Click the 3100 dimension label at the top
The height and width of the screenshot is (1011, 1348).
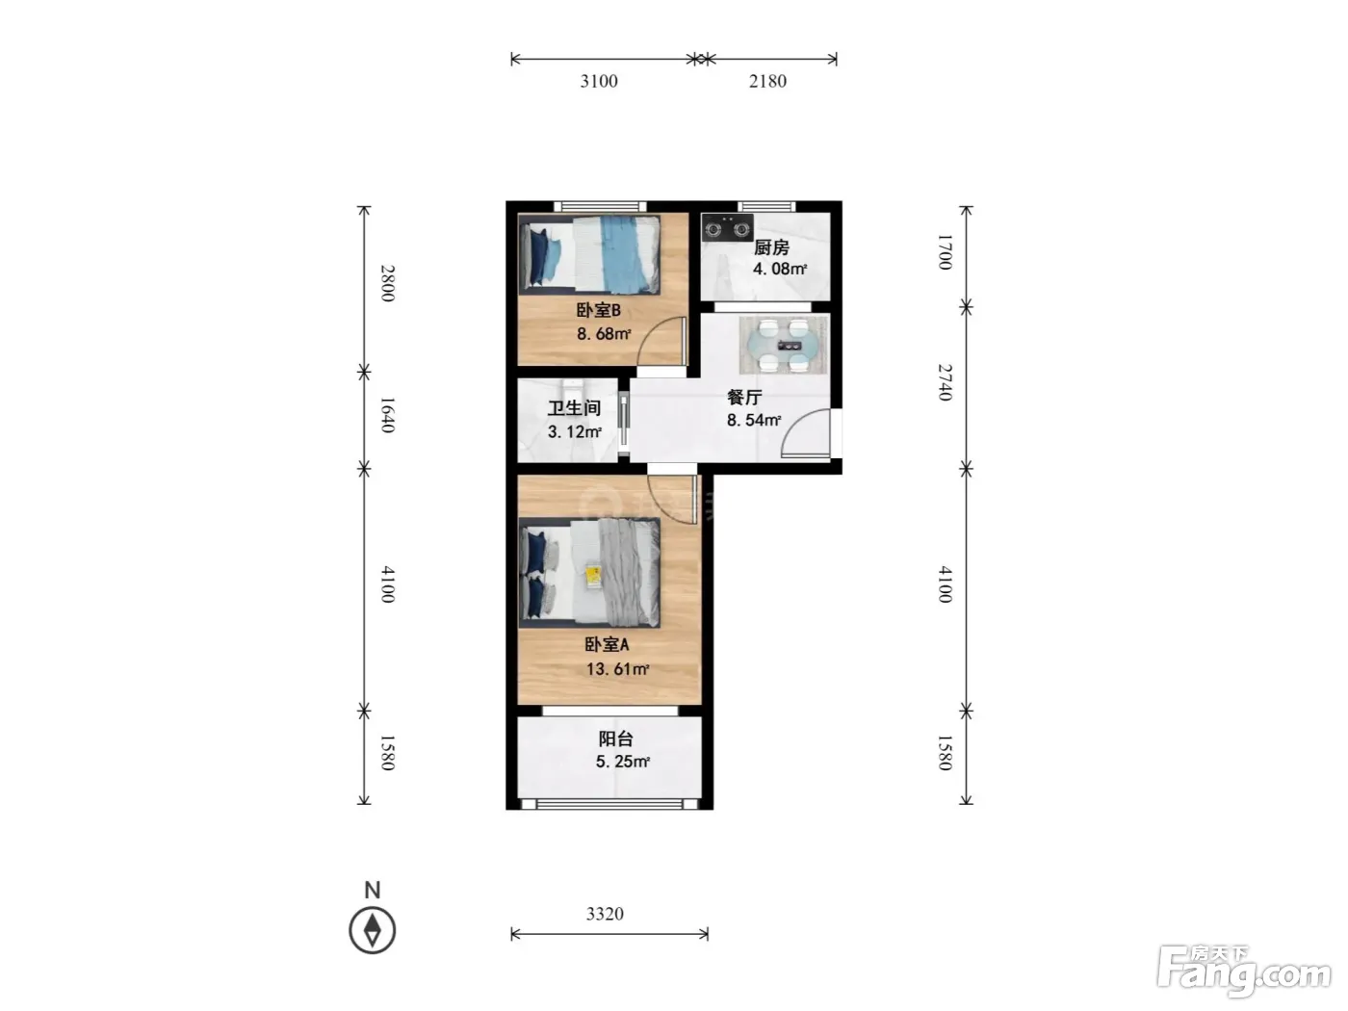point(599,81)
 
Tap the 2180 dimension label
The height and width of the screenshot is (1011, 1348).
point(767,81)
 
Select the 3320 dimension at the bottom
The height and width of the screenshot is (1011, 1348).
point(605,914)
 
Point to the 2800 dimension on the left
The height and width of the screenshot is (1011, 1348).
point(387,283)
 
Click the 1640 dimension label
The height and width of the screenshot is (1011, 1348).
point(387,415)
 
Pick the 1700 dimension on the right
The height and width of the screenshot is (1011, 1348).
point(946,251)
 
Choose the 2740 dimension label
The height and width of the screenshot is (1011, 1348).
point(946,382)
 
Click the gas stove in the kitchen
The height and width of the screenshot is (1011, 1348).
point(728,228)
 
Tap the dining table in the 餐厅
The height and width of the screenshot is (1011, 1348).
point(784,345)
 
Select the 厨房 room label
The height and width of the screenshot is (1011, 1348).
point(771,247)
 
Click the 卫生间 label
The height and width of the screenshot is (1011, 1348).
point(574,408)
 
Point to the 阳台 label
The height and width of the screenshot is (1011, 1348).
point(615,739)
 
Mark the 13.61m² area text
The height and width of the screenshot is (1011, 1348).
point(617,669)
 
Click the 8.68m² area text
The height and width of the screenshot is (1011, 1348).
point(604,334)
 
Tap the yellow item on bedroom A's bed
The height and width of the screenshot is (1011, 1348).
point(592,576)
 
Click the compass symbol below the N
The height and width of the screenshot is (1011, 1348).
point(373,930)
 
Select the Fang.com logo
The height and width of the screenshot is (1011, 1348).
point(1244,972)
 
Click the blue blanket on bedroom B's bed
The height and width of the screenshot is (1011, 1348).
point(622,253)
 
